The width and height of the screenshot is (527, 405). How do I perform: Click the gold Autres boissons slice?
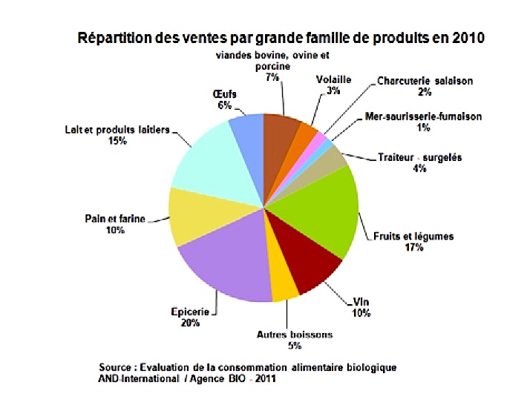(284, 286)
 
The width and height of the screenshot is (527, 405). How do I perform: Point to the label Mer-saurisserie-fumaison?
(424, 116)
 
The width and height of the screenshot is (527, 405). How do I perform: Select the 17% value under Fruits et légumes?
(413, 247)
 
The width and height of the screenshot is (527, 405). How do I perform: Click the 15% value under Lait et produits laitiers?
(114, 141)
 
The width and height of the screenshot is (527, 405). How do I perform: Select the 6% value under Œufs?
(225, 105)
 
